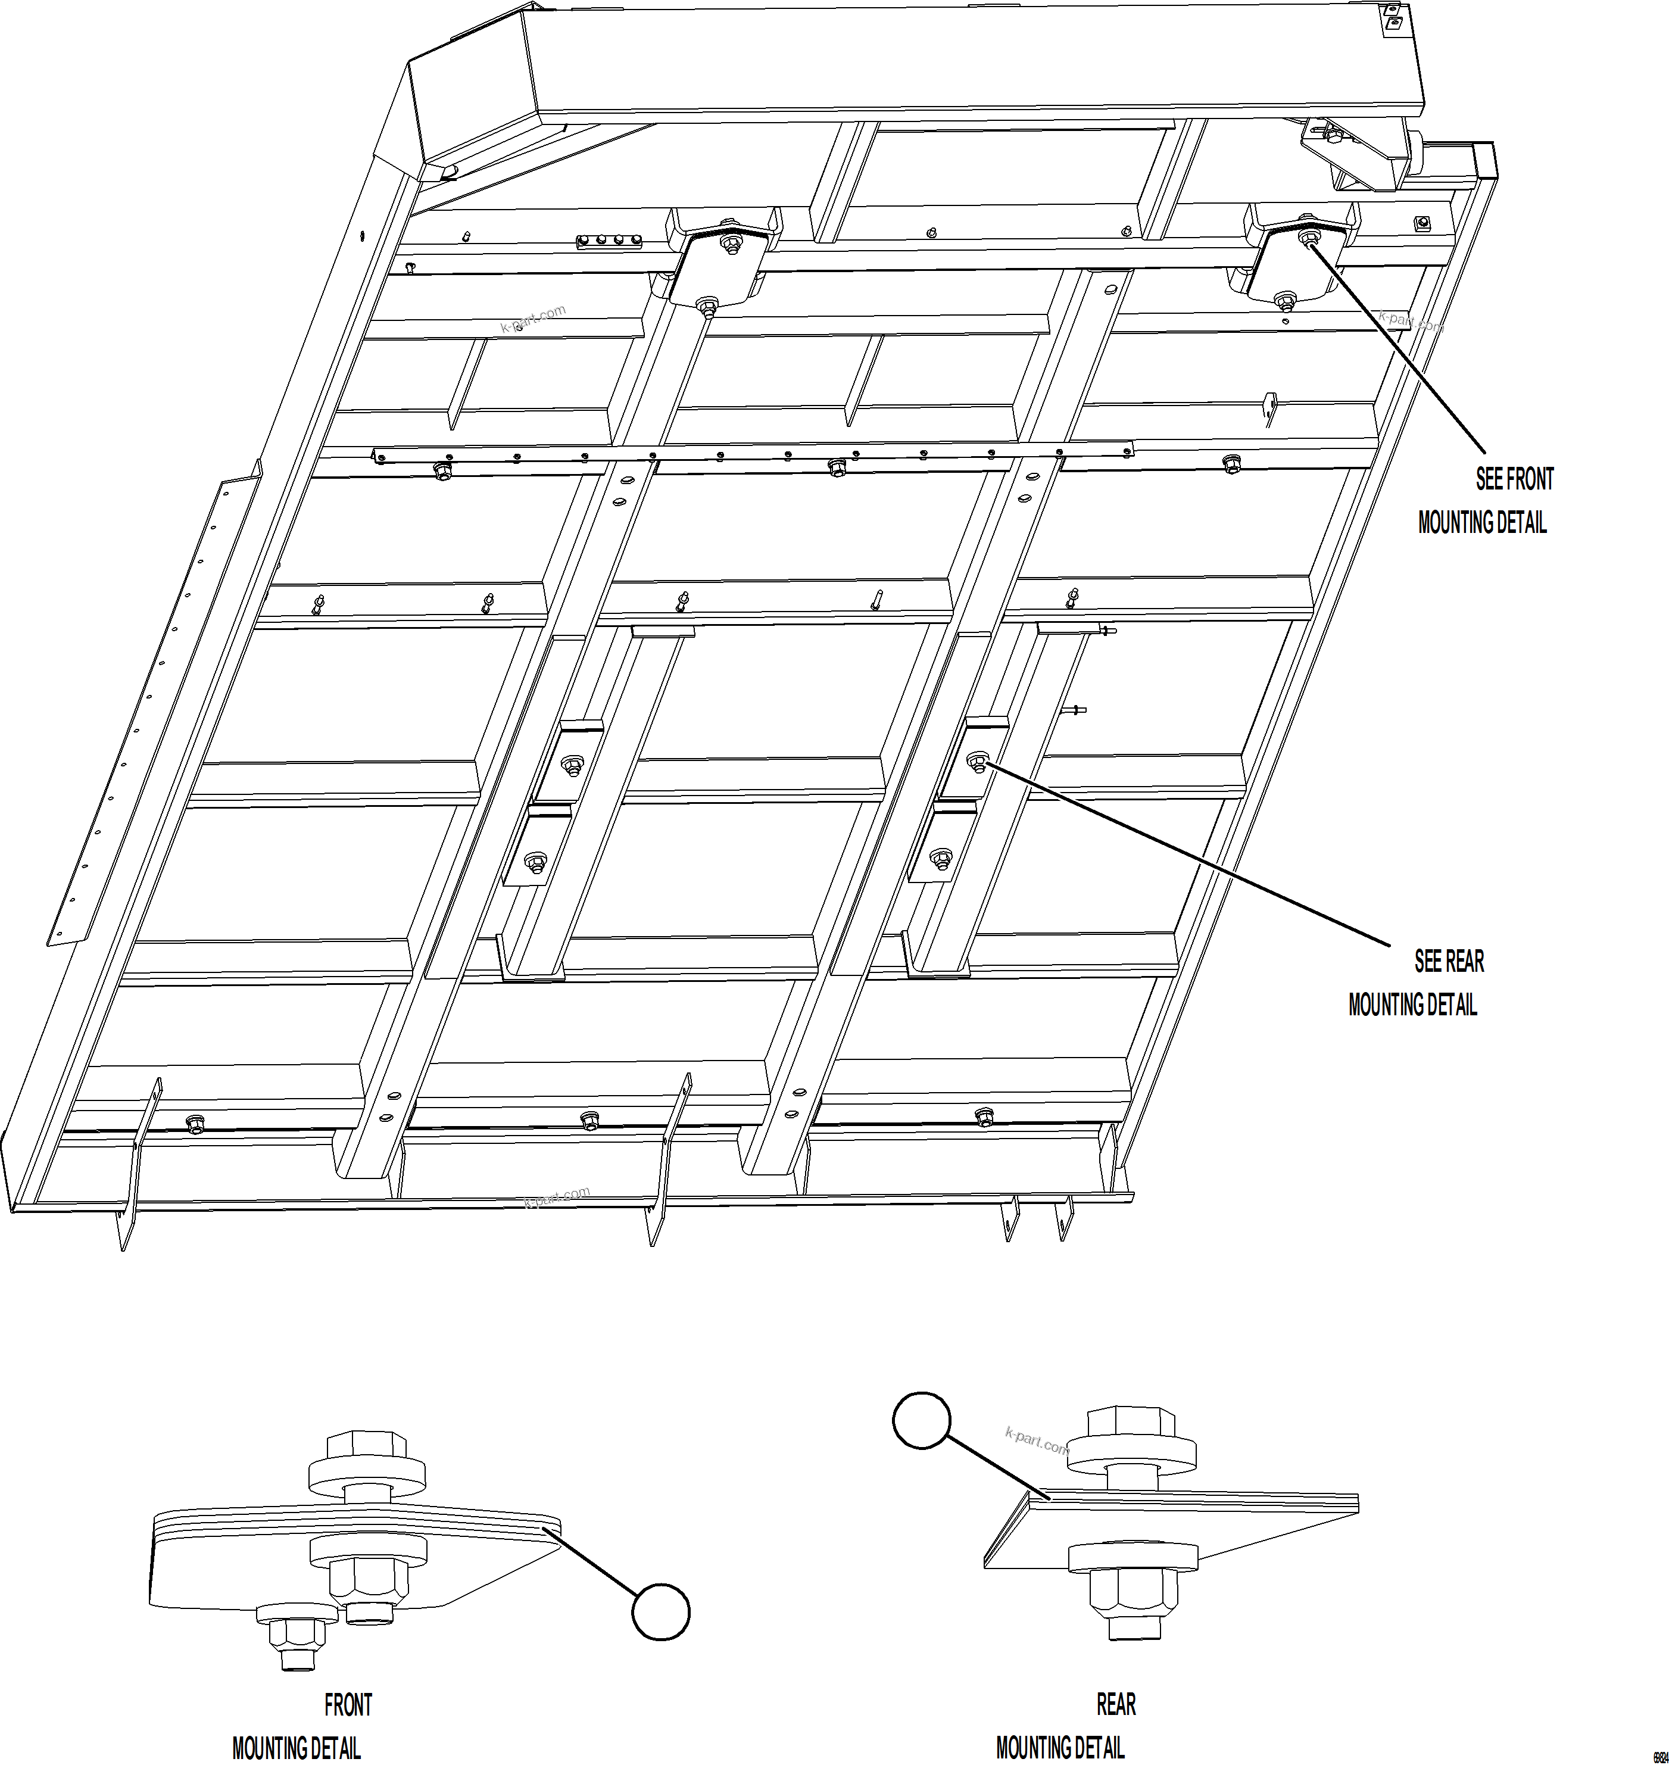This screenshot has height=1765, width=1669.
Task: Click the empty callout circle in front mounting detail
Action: coord(660,1611)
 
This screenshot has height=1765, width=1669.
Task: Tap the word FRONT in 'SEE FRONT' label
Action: coord(1529,479)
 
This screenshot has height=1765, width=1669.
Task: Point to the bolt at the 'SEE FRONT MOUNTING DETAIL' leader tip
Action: coord(1309,238)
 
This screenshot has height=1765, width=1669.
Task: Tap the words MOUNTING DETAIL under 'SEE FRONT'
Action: coord(1482,523)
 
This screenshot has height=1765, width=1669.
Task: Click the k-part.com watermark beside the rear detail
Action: coord(1037,1439)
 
